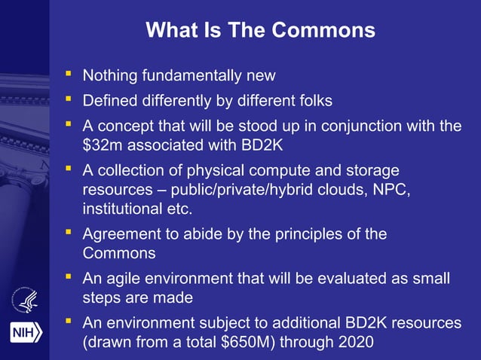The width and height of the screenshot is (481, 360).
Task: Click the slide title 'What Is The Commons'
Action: (x=260, y=30)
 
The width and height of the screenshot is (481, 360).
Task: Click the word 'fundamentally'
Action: (x=191, y=76)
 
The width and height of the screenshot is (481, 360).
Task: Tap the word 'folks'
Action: (x=312, y=100)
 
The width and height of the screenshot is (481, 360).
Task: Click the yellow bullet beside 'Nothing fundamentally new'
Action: (x=69, y=75)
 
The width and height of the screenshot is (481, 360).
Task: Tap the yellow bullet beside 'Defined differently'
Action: (x=69, y=99)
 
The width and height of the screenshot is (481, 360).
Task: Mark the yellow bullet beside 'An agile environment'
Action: (x=69, y=278)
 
